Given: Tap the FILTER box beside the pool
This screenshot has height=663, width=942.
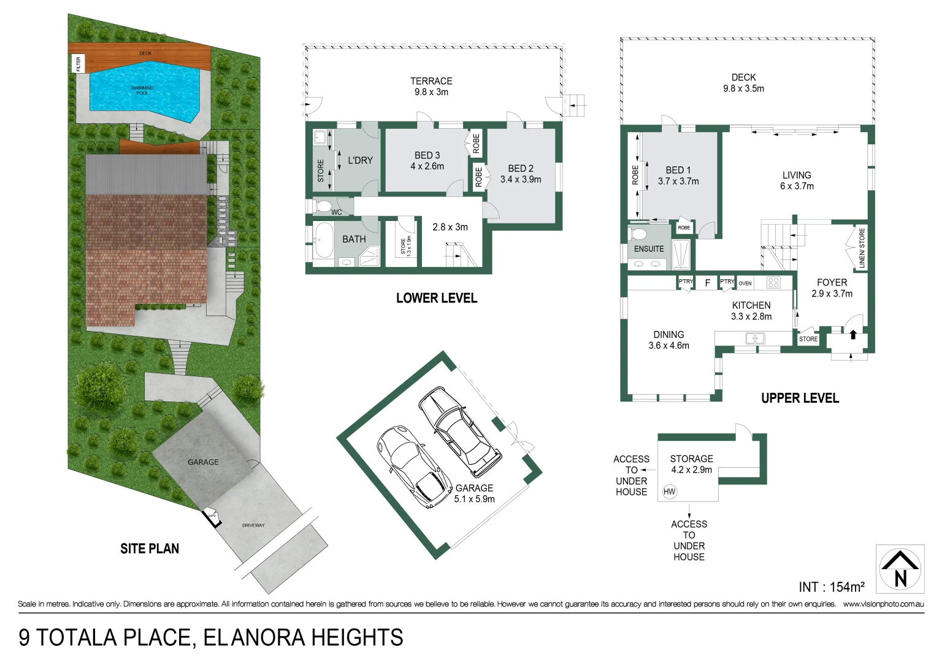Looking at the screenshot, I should pos(78,63).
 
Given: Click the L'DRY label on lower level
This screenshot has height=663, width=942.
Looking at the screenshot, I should pos(360,160).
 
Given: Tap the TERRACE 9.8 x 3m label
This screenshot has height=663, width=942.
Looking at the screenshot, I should pos(431,87).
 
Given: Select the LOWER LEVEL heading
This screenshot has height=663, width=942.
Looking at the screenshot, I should pos(436,298).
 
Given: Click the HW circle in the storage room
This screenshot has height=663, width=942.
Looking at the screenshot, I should pos(669,491).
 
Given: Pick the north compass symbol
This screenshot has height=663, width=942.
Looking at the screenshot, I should pos(900,569).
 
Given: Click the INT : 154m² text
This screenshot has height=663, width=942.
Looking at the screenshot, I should pos(831,587).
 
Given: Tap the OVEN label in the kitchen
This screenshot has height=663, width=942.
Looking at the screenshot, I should pos(745,283).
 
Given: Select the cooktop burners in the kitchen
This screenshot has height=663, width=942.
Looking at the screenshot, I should pos(773,282).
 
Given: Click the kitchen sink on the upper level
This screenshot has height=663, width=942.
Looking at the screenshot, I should pos(755,338).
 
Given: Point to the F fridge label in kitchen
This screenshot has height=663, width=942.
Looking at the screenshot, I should pos(707,283).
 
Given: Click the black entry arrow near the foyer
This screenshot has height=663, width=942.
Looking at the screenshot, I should pos(852,335).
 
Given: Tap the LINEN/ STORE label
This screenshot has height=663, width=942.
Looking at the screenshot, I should pos(862,248).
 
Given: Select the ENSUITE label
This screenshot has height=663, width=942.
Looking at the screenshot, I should pos(649,249).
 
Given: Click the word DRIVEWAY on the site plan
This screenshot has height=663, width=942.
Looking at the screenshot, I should pos(253,525).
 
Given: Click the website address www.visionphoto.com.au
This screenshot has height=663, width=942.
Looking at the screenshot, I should pos(883,604).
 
